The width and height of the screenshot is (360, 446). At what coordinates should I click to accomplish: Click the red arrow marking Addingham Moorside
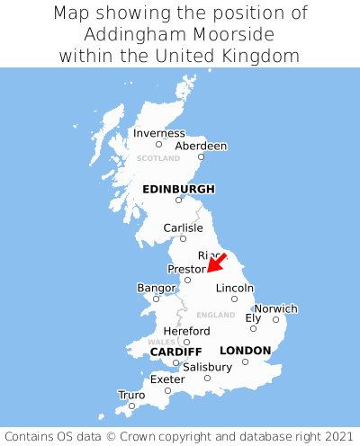click(x=216, y=262)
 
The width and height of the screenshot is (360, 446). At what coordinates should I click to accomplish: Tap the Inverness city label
click(x=158, y=133)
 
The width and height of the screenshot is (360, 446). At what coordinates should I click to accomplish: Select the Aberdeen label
click(x=201, y=146)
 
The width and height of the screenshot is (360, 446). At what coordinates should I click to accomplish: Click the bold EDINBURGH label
click(x=178, y=189)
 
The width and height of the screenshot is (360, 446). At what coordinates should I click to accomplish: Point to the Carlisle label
click(x=183, y=227)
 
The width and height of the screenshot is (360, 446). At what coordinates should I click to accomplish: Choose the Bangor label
click(x=156, y=288)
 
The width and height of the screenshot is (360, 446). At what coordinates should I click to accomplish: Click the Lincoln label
click(x=234, y=288)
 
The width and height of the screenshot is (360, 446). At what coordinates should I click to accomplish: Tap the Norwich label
click(x=275, y=308)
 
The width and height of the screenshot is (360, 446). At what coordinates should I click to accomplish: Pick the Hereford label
click(x=186, y=331)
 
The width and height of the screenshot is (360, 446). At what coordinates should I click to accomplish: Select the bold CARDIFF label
click(x=175, y=351)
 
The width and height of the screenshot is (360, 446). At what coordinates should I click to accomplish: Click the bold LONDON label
click(x=245, y=350)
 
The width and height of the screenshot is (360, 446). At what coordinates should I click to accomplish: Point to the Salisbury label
click(x=207, y=367)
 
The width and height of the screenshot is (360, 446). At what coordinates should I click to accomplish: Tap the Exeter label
click(x=167, y=379)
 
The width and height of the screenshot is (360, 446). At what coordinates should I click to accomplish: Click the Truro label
click(x=131, y=395)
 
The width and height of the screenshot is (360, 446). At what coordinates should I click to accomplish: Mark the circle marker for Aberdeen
click(x=201, y=157)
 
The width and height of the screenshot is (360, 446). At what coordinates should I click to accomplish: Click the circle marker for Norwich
click(x=275, y=319)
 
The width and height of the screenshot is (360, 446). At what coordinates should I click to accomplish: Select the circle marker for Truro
click(x=131, y=406)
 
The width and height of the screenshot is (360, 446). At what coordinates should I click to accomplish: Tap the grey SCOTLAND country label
click(x=158, y=158)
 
